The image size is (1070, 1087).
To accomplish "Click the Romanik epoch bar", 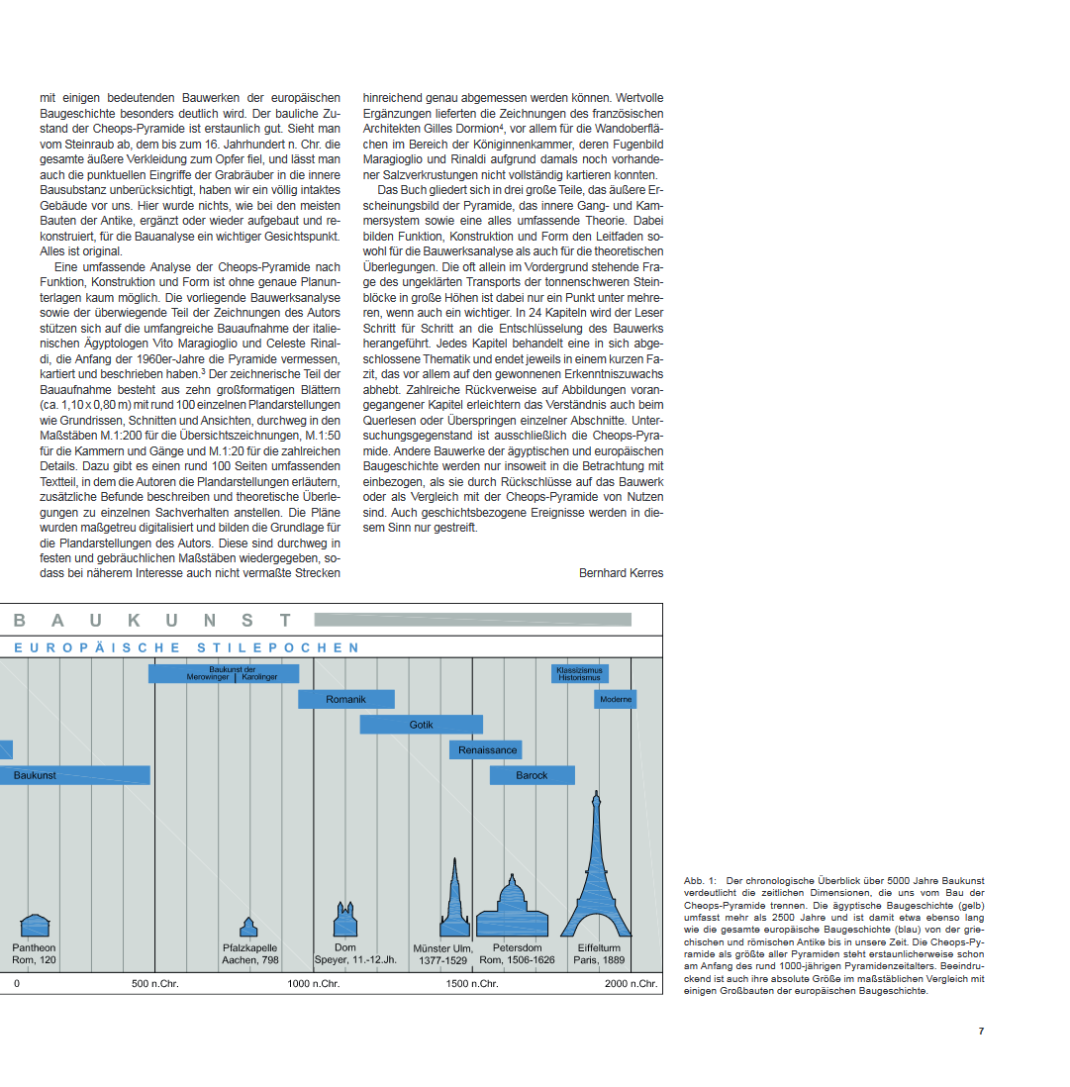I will pos(345,699).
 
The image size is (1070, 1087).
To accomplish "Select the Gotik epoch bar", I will pos(421,725).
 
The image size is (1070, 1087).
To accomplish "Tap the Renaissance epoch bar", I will pos(486,749).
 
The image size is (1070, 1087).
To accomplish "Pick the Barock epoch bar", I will pos(532,775).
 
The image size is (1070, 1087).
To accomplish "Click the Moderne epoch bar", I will pos(616,699).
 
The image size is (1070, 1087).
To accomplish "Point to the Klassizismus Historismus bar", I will pos(580,674).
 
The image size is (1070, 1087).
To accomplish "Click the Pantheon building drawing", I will pos(35,926).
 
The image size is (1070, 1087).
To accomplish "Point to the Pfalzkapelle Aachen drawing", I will pos(248,928).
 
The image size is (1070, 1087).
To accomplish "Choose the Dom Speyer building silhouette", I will pos(344,920).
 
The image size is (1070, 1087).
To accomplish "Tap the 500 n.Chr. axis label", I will pos(154,983).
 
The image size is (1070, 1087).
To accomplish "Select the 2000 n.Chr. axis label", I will pos(631,983).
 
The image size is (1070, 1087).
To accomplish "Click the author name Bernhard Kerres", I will pos(621,573).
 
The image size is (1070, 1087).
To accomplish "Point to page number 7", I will pos(981,1031).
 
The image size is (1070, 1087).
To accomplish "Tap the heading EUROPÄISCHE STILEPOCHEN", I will pos(187,647).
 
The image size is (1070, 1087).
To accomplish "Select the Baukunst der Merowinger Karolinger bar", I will pos(226,673).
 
